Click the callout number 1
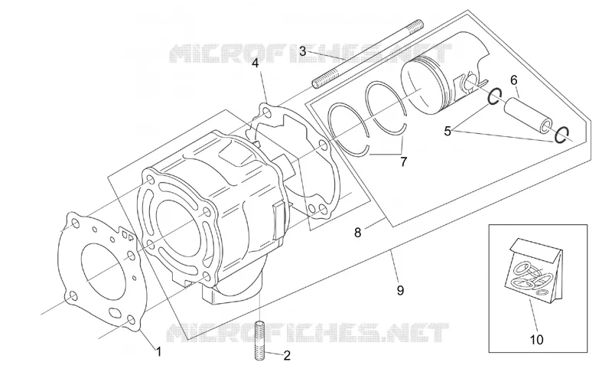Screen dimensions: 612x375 click(x=158, y=351)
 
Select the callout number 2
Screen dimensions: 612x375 click(x=287, y=355)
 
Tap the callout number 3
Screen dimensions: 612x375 click(x=303, y=51)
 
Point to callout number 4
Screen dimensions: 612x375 click(x=255, y=63)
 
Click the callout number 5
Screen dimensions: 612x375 click(x=448, y=132)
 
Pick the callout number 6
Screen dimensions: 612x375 click(x=513, y=80)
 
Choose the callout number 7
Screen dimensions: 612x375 click(x=404, y=161)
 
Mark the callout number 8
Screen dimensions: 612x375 click(x=357, y=233)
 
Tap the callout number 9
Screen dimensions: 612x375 click(x=400, y=290)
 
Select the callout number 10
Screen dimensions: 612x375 click(x=537, y=340)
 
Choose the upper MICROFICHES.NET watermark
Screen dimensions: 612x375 click(x=311, y=54)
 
